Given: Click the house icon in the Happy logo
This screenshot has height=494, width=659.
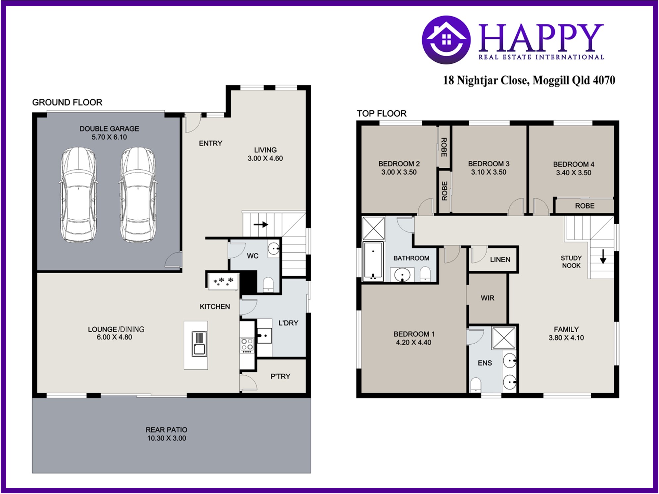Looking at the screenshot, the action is (446, 40).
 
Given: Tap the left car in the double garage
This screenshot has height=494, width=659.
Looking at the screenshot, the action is (78, 194).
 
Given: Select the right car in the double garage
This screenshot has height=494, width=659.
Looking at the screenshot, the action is (138, 194).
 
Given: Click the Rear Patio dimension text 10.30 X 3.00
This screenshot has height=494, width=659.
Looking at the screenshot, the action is (166, 438).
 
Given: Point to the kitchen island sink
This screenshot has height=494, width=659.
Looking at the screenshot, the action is (199, 344).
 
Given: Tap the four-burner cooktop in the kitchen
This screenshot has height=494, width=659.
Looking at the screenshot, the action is (247, 344).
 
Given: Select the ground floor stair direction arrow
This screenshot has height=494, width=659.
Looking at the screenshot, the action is (260, 225).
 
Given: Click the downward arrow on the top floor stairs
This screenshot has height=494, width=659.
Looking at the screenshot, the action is (603, 256).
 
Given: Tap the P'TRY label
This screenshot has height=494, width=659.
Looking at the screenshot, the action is (280, 376).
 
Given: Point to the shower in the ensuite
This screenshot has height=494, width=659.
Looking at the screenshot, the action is (504, 338).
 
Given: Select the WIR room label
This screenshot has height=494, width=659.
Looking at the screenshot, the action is (487, 298).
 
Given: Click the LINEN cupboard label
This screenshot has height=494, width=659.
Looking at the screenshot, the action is (500, 259).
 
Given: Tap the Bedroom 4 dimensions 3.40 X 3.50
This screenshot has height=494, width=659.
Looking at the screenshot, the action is (574, 173).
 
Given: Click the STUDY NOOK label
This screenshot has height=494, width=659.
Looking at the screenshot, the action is (571, 262).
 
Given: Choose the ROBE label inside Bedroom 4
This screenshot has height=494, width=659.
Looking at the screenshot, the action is (585, 206).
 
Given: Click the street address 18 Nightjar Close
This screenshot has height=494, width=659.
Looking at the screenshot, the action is (486, 80).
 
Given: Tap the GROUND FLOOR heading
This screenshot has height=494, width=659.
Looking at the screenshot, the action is (67, 102).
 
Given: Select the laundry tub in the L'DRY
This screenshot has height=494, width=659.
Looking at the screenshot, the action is (264, 336).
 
